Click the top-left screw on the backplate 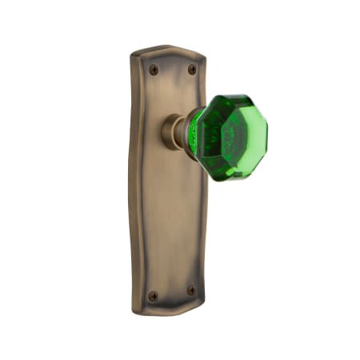154,70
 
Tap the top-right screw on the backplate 191,70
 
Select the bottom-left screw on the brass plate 154,295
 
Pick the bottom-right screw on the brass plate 191,290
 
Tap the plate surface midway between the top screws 172,70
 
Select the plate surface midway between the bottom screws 172,293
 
